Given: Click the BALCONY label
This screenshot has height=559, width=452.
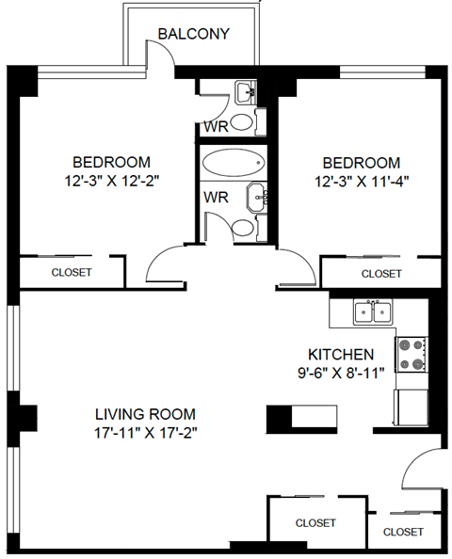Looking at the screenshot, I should (194, 35).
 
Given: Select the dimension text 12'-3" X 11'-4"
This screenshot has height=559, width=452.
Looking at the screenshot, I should (361, 180).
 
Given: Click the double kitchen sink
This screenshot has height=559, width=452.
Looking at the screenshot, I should (373, 311).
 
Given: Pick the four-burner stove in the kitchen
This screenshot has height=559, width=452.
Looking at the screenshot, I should (411, 354).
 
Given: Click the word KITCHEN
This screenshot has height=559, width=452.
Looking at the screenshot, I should (341, 355).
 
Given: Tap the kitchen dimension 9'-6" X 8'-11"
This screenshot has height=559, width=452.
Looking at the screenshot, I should (341, 373).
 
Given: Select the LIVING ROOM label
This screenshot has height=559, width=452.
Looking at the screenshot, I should (145, 413).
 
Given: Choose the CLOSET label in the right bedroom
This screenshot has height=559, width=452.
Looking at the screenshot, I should (381, 274).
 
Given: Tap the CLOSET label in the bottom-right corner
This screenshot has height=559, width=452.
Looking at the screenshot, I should (403, 532).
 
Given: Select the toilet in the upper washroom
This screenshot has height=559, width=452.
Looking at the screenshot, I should (242, 121).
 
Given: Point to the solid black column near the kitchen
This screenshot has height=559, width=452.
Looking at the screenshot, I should (281, 416).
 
